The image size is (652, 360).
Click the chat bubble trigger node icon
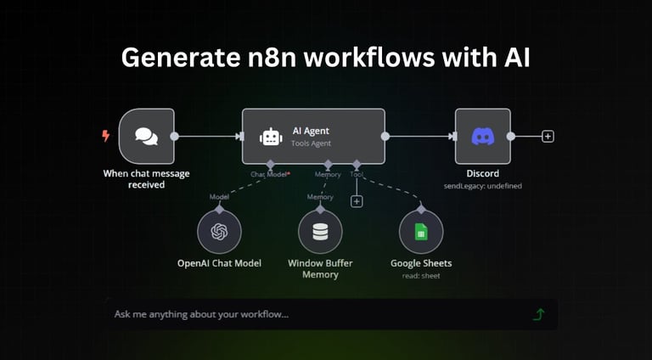[146, 136]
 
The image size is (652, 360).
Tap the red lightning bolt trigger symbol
[106, 135]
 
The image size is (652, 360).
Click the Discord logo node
[482, 136]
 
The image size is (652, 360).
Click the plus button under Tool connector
[357, 201]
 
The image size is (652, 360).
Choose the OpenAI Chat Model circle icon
[219, 231]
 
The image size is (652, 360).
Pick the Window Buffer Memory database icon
[320, 231]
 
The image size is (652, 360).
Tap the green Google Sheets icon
[421, 231]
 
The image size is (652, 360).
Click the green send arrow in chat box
[538, 314]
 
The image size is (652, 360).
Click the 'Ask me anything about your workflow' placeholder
[201, 314]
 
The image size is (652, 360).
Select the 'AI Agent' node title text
[310, 131]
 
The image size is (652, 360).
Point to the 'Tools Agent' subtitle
[312, 143]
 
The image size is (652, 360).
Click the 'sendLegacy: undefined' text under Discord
[482, 185]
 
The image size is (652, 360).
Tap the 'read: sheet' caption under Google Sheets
[421, 275]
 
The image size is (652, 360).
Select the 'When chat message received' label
[146, 179]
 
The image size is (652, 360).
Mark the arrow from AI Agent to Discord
[420, 136]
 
